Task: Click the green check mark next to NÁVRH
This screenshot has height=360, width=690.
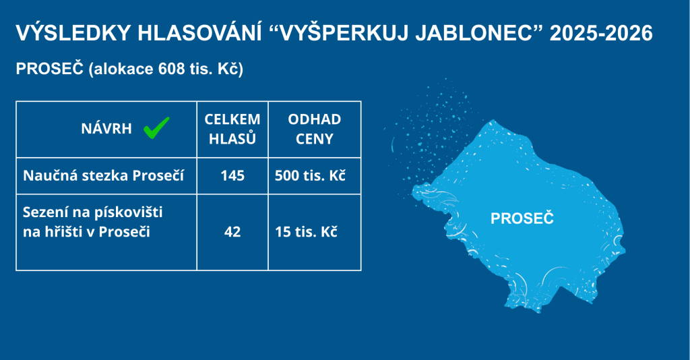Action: [x=156, y=128]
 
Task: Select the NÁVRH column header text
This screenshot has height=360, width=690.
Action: [x=106, y=128]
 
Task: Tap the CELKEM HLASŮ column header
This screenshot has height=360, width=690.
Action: [x=232, y=129]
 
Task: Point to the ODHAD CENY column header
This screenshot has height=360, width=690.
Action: [x=314, y=129]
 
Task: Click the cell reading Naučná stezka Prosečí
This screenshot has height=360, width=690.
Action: [x=103, y=175]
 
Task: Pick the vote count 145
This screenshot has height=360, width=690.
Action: [x=232, y=175]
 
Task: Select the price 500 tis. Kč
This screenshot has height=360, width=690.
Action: [x=310, y=175]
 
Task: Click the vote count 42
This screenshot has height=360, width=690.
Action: [x=232, y=232]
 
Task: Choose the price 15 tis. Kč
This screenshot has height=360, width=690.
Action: [x=307, y=232]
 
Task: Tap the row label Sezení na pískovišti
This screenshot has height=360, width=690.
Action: [x=93, y=212]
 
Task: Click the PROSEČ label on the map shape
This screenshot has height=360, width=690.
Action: [x=522, y=218]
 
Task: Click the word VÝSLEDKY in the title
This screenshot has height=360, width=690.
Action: [x=73, y=34]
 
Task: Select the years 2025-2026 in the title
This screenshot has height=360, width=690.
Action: [x=601, y=34]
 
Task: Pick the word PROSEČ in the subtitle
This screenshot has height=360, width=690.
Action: [x=50, y=69]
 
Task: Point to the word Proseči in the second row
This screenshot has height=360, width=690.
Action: [x=125, y=231]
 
